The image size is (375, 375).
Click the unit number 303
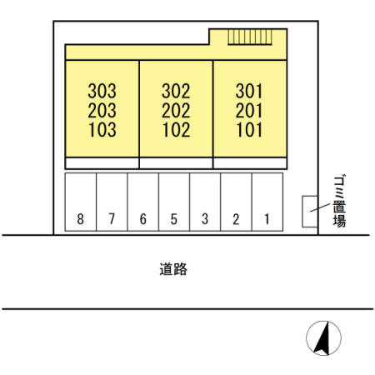pyautogui.click(x=102, y=91)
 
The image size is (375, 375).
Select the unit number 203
pyautogui.click(x=102, y=111)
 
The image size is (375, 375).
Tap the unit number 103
pyautogui.click(x=102, y=130)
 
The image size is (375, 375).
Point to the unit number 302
pyautogui.click(x=176, y=91)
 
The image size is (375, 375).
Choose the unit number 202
pyautogui.click(x=176, y=111)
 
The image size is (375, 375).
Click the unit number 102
pyautogui.click(x=177, y=130)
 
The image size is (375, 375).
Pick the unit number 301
pyautogui.click(x=249, y=91)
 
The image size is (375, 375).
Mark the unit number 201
pyautogui.click(x=249, y=111)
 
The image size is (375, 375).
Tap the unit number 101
pyautogui.click(x=249, y=130)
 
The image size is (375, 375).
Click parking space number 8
pyautogui.click(x=80, y=219)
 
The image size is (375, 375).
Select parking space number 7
pyautogui.click(x=112, y=219)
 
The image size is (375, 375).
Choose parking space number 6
pyautogui.click(x=143, y=219)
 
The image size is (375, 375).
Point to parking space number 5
pyautogui.click(x=174, y=219)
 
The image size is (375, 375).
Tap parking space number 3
pyautogui.click(x=205, y=219)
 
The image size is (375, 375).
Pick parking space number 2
pyautogui.click(x=236, y=219)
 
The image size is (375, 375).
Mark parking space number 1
pyautogui.click(x=267, y=219)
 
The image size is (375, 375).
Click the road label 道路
pyautogui.click(x=173, y=269)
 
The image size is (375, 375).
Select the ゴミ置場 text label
pyautogui.click(x=339, y=201)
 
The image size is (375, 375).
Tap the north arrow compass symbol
pyautogui.click(x=323, y=338)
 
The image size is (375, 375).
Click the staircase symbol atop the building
pyautogui.click(x=250, y=37)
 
